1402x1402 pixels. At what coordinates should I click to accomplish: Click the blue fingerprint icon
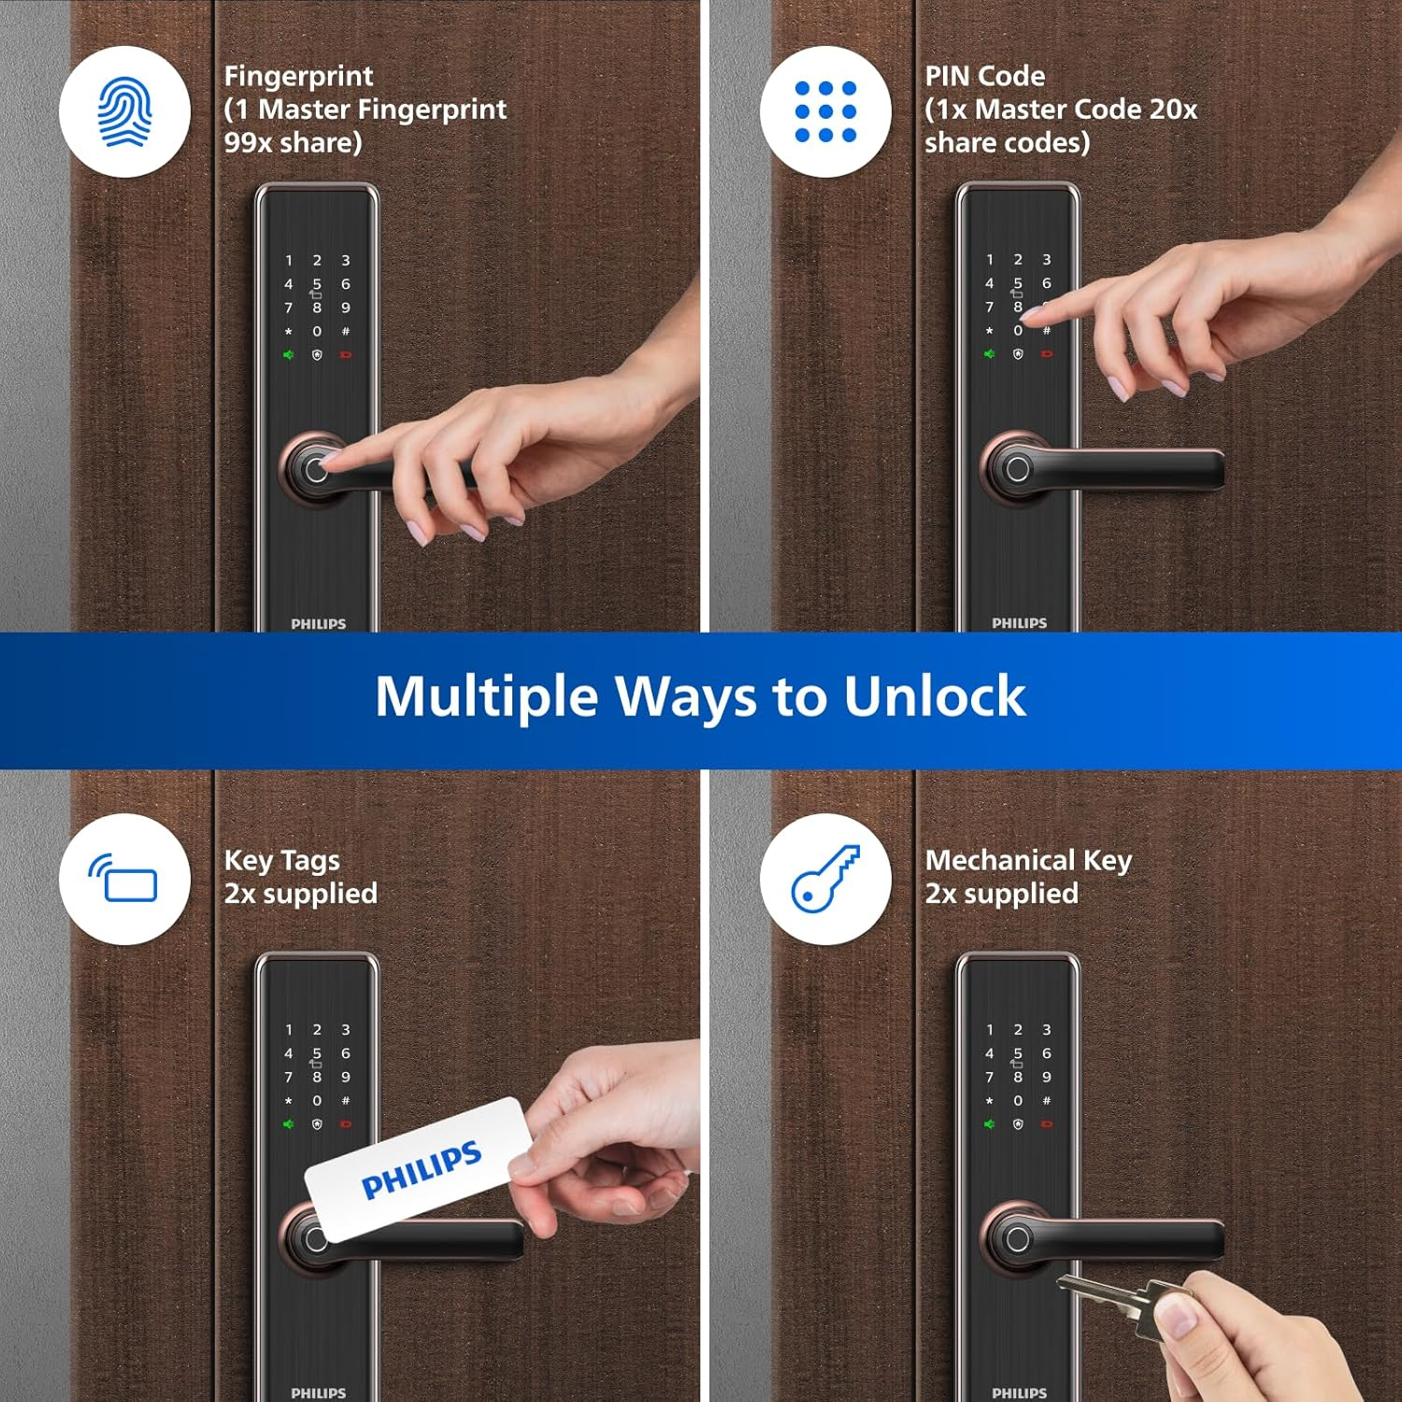tap(124, 112)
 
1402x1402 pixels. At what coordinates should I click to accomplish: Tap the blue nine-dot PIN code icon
tap(825, 112)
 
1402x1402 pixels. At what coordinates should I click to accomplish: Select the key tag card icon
tap(124, 879)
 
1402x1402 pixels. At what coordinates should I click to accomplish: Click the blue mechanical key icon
tap(825, 879)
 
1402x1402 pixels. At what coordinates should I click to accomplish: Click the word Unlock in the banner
tap(934, 697)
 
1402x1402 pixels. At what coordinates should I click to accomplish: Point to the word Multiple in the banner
tap(486, 697)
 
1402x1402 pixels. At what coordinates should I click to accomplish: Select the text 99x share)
tap(293, 143)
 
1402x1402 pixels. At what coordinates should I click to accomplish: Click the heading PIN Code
tap(985, 76)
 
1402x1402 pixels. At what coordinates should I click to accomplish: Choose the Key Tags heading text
tap(281, 860)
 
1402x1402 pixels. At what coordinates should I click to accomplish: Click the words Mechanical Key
tap(1028, 860)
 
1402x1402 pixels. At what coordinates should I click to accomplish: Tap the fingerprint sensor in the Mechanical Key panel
tap(1017, 1239)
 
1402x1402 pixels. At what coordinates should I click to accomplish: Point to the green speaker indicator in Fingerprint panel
tap(289, 355)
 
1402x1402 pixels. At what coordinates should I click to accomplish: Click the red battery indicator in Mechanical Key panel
tap(1047, 1124)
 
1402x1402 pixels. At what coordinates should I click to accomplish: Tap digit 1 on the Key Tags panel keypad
tap(289, 1030)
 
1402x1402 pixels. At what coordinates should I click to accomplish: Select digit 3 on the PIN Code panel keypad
tap(1047, 260)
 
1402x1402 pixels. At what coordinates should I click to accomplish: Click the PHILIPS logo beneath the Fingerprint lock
tap(318, 623)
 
